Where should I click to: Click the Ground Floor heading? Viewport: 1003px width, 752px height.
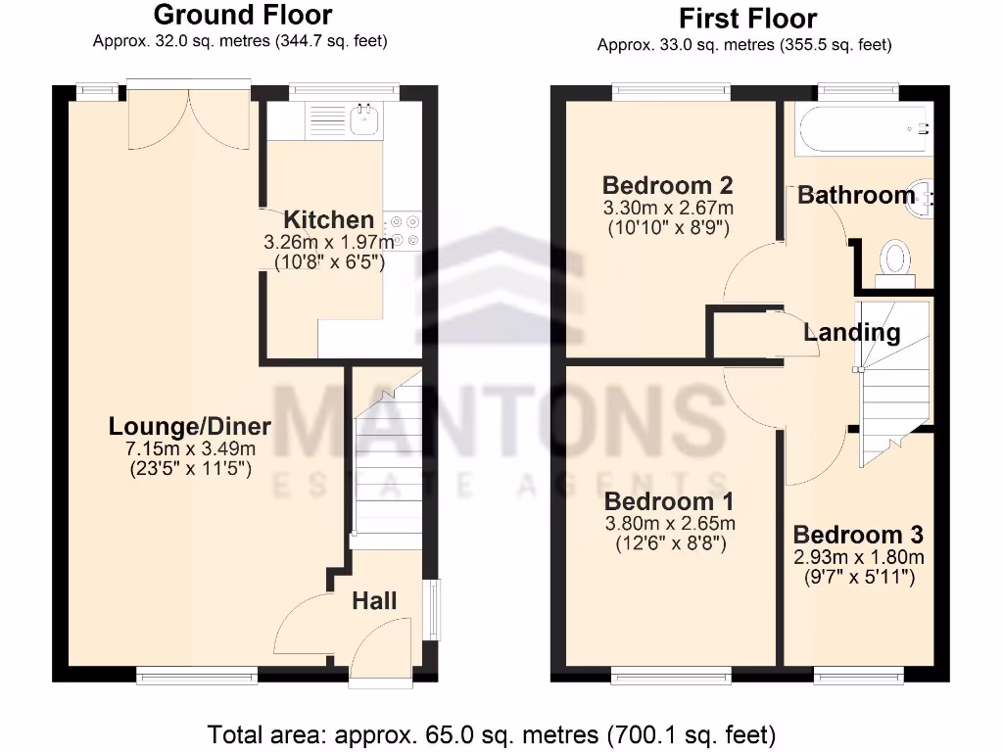click(x=242, y=16)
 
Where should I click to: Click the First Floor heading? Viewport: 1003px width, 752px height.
click(x=746, y=19)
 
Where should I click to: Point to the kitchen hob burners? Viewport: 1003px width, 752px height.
click(x=404, y=230)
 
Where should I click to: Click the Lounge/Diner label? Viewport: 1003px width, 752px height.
click(x=190, y=427)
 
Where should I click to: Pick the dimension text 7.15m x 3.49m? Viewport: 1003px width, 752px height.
click(x=190, y=448)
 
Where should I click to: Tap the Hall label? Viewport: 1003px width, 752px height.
click(x=374, y=600)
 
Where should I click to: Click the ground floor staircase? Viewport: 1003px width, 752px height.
click(x=387, y=460)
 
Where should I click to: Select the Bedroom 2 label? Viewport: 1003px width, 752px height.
click(x=668, y=186)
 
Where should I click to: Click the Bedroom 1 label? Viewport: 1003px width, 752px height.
click(x=669, y=500)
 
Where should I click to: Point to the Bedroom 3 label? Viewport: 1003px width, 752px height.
click(x=858, y=535)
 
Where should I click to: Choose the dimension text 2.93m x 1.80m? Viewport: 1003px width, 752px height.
click(x=858, y=557)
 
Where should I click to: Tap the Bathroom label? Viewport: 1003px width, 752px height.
click(x=856, y=195)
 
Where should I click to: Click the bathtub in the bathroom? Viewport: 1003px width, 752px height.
click(x=860, y=130)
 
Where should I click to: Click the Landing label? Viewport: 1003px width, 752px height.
click(x=851, y=333)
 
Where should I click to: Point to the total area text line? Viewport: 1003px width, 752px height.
click(x=492, y=733)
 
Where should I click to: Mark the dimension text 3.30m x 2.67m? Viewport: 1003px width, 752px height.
click(x=668, y=208)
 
